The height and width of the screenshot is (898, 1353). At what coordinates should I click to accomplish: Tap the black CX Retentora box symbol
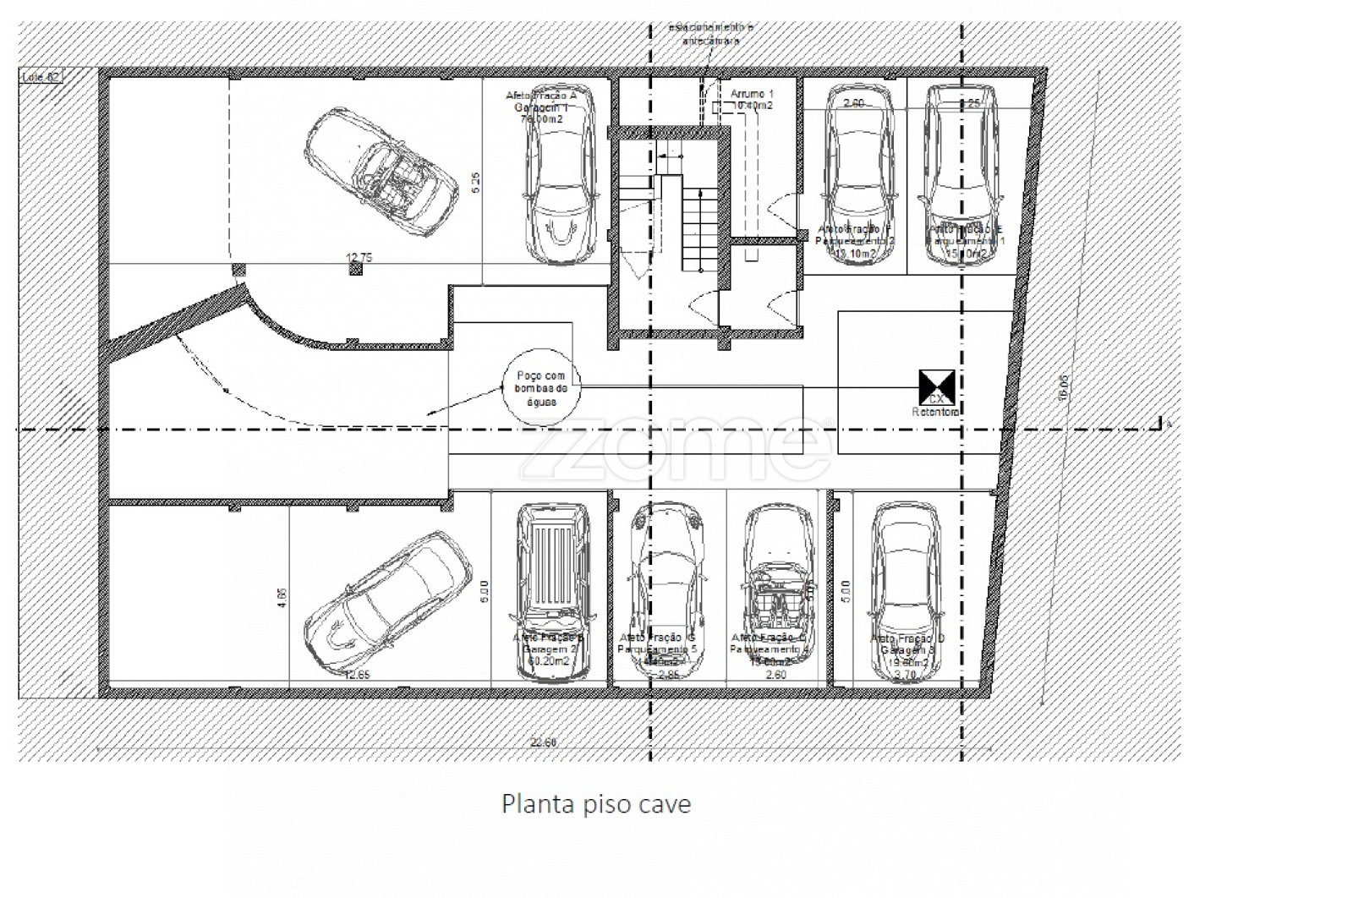coord(936,387)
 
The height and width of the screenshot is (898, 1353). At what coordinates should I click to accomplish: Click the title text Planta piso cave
coord(596,803)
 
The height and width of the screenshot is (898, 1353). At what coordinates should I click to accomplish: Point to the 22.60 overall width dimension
coord(542,742)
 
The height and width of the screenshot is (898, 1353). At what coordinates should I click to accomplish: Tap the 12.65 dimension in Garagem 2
coord(359,674)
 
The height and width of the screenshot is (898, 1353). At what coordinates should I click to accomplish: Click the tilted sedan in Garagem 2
coord(387,601)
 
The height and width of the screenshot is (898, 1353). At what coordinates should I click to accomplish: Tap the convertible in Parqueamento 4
coord(779,583)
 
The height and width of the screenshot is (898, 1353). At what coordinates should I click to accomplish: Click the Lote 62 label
coord(41,78)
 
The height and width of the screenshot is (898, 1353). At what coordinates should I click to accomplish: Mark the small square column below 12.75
coord(356,269)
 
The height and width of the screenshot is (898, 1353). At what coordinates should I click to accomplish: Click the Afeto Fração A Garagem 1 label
coord(541,107)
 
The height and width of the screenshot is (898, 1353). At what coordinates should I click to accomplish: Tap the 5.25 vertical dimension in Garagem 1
coord(476,183)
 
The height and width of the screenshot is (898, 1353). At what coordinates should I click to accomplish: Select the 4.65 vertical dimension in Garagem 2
coord(283,599)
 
